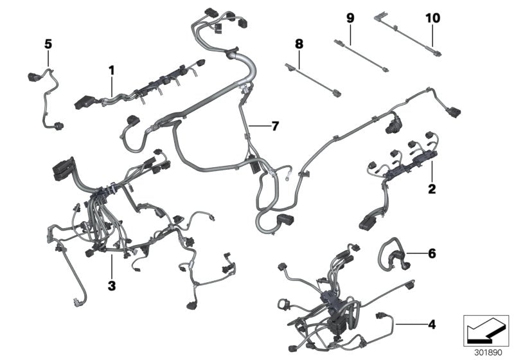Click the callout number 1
(111, 69)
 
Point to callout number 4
(432, 324)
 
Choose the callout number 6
(432, 254)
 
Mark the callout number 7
(275, 126)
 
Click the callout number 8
(298, 44)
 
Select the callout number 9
(350, 18)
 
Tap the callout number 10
(432, 18)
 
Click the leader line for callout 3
(111, 267)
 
